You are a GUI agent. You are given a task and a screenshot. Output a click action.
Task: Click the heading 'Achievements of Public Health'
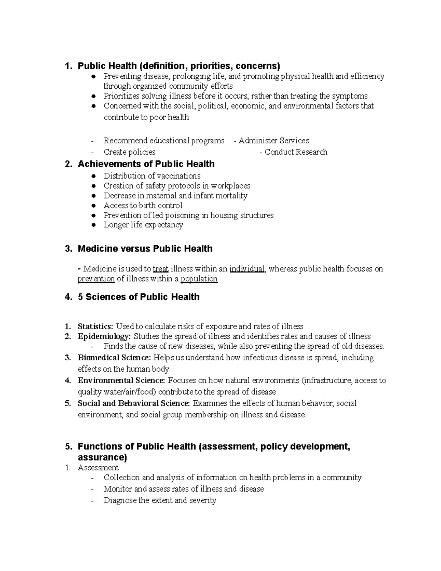coord(146,164)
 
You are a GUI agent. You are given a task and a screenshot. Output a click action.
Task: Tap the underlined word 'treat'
coord(160,269)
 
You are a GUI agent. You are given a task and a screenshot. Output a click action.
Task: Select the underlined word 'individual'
coord(247,269)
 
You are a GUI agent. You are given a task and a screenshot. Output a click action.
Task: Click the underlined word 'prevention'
coord(96,279)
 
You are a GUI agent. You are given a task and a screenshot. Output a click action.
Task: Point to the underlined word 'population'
coord(199,279)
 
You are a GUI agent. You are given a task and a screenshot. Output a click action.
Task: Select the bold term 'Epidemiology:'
coord(104,336)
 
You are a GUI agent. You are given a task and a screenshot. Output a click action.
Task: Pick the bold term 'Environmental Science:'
coord(121,381)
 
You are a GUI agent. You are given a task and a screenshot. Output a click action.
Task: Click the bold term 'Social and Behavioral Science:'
coord(134,403)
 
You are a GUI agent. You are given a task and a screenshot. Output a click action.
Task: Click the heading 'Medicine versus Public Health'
coord(145,249)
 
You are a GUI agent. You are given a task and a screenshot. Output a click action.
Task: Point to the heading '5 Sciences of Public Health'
coord(139,297)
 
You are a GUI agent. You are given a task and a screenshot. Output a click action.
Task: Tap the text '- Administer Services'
coord(271,141)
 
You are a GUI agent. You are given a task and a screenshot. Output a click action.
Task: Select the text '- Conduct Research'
coord(293,152)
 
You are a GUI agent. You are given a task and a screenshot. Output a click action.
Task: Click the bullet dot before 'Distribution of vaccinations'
coord(94,176)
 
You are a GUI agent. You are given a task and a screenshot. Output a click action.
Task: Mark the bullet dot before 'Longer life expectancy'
coord(94,225)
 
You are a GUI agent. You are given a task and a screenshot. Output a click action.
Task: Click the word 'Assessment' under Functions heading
coord(98,468)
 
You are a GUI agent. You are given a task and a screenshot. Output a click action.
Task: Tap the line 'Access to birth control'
coord(143,206)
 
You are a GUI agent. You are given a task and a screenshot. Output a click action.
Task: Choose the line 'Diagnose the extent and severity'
coord(160,500)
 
